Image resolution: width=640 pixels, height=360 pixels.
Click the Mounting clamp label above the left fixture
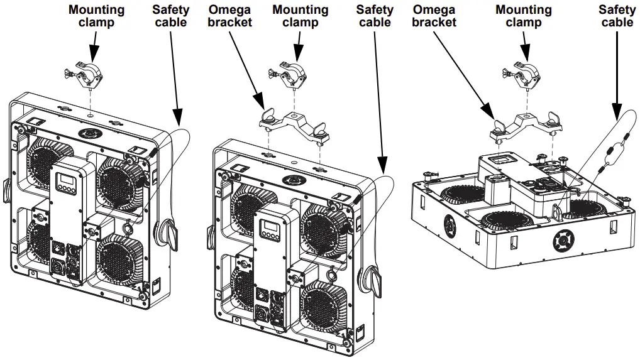(x=96, y=16)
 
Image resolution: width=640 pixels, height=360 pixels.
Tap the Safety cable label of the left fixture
(x=170, y=16)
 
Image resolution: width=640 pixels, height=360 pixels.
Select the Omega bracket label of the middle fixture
(x=229, y=16)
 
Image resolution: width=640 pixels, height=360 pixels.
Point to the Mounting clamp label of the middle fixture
(x=300, y=16)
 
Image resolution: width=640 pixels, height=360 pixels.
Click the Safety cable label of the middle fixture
(x=374, y=16)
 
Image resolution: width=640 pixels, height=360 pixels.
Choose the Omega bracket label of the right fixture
(x=434, y=16)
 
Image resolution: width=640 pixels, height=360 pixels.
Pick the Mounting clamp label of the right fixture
(x=523, y=16)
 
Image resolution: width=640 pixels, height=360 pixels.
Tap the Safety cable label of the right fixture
(x=616, y=16)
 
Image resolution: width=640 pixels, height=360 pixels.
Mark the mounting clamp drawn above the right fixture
(x=521, y=75)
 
